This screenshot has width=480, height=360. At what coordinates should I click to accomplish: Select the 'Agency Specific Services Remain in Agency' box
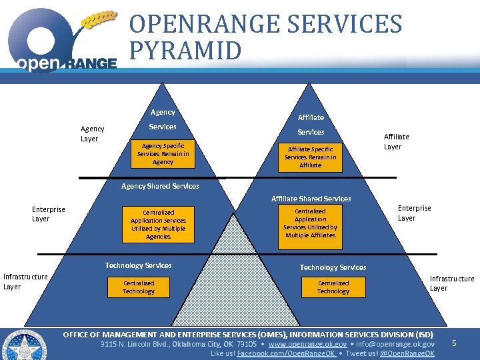coord(163,154)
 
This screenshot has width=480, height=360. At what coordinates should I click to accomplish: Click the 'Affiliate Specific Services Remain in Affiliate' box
coord(310,157)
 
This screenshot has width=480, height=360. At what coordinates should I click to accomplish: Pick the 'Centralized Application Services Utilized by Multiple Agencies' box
coord(158,225)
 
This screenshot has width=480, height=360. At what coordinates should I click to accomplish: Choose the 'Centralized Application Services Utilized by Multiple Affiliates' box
coord(310,223)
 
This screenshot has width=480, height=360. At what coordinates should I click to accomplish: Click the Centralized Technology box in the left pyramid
coord(139,287)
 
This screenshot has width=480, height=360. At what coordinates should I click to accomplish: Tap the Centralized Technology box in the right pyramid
coord(333,287)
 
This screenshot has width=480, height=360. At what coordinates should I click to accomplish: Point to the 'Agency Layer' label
coord(92,134)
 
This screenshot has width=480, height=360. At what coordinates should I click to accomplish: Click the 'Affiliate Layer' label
coord(396,141)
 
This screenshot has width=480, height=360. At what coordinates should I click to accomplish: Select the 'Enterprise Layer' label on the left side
coord(49,214)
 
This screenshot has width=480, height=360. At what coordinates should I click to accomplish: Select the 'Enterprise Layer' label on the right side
coord(414,213)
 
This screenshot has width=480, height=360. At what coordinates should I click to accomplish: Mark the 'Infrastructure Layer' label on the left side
coord(25,281)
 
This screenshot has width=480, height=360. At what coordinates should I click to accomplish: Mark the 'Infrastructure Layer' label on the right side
coord(451,283)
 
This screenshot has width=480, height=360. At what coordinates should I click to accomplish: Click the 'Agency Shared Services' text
coord(160,187)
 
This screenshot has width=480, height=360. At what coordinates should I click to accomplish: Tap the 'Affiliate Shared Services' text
coord(311,199)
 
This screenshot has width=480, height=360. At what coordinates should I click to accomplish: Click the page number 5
coord(454,343)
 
